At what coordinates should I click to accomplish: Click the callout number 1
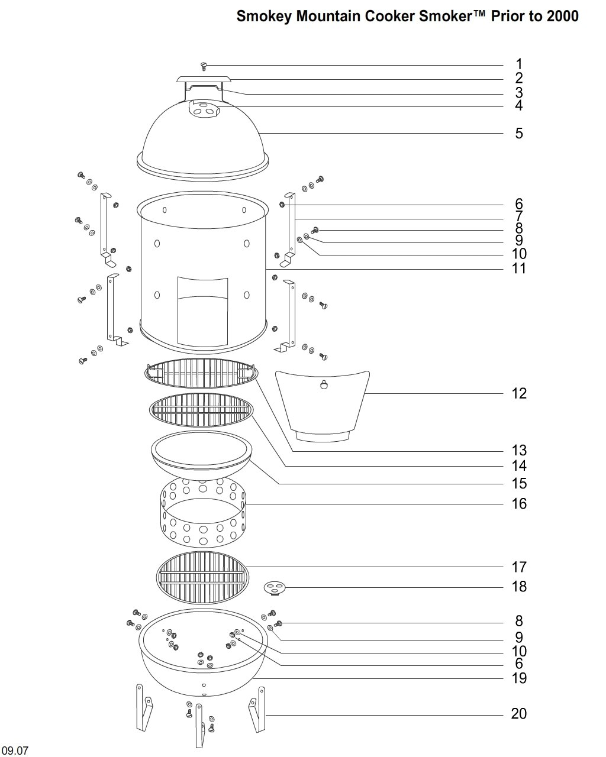518,64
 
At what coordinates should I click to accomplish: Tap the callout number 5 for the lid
519,133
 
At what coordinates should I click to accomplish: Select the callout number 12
518,393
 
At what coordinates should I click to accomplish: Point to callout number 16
518,504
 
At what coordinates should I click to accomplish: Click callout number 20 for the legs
518,714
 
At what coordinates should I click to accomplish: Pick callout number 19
518,678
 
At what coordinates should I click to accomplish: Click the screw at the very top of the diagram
204,66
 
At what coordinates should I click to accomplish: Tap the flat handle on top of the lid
204,79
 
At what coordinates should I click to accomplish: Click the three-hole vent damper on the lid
204,109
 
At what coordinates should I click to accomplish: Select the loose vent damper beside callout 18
275,588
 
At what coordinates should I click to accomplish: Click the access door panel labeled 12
323,406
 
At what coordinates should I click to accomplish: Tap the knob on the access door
323,385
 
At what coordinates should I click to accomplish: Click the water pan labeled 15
201,455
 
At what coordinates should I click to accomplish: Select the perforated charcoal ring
203,512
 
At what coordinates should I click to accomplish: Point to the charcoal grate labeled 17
202,578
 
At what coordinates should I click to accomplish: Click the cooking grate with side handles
201,373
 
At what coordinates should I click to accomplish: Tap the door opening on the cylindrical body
202,311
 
